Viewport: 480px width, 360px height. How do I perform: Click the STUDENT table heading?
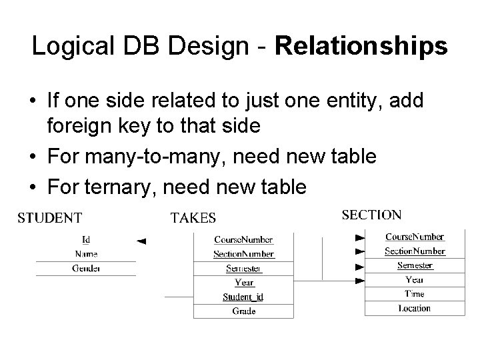(49, 217)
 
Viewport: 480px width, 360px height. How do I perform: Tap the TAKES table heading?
(193, 217)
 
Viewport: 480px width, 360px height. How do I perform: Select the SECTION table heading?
(371, 215)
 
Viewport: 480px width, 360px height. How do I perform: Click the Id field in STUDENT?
(86, 240)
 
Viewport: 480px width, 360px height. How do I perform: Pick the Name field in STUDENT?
(86, 254)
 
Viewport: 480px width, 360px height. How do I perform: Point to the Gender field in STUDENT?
(86, 268)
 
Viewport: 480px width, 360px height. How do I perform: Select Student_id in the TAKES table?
(243, 297)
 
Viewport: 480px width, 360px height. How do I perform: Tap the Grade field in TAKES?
(243, 311)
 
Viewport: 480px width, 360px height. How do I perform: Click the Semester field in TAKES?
(243, 269)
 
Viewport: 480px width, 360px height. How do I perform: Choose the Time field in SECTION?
(414, 294)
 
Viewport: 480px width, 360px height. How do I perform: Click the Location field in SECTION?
(414, 308)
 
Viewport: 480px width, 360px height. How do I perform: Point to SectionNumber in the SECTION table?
(414, 251)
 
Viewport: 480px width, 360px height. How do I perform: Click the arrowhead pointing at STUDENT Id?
(141, 241)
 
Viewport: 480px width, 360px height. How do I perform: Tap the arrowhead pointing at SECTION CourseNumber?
(360, 237)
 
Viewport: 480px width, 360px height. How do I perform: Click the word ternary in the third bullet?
(118, 187)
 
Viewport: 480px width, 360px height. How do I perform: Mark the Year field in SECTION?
(414, 280)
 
